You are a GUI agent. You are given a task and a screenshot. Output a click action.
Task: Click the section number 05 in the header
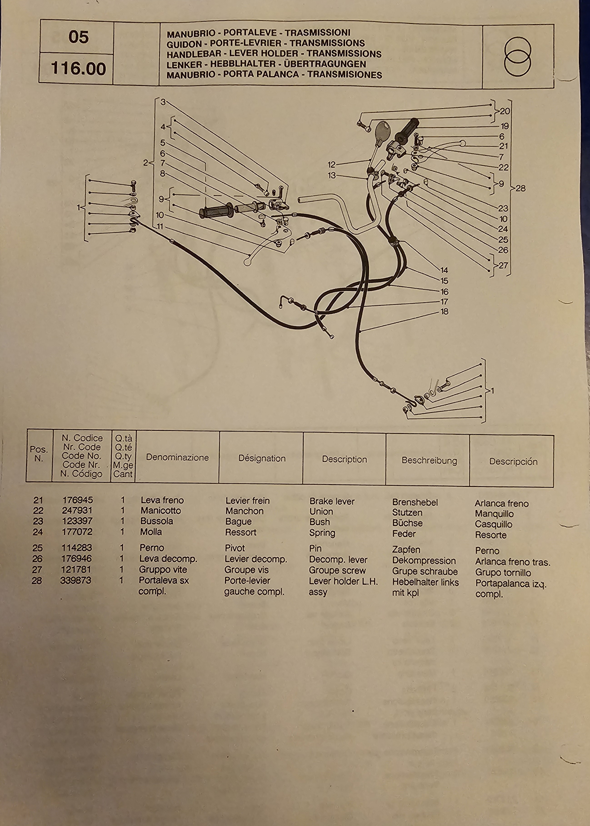[x=78, y=37]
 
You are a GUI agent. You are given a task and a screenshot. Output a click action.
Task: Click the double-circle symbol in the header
[x=517, y=56]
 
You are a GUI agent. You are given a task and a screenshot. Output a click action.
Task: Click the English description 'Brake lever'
[x=332, y=501]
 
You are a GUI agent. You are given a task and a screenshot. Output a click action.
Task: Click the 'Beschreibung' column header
[x=429, y=461]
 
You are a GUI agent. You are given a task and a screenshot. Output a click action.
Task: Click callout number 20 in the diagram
[x=505, y=111]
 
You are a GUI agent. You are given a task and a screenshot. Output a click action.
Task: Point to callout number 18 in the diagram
[x=444, y=311]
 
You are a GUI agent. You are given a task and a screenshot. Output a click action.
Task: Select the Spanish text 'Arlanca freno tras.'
[x=512, y=562]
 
